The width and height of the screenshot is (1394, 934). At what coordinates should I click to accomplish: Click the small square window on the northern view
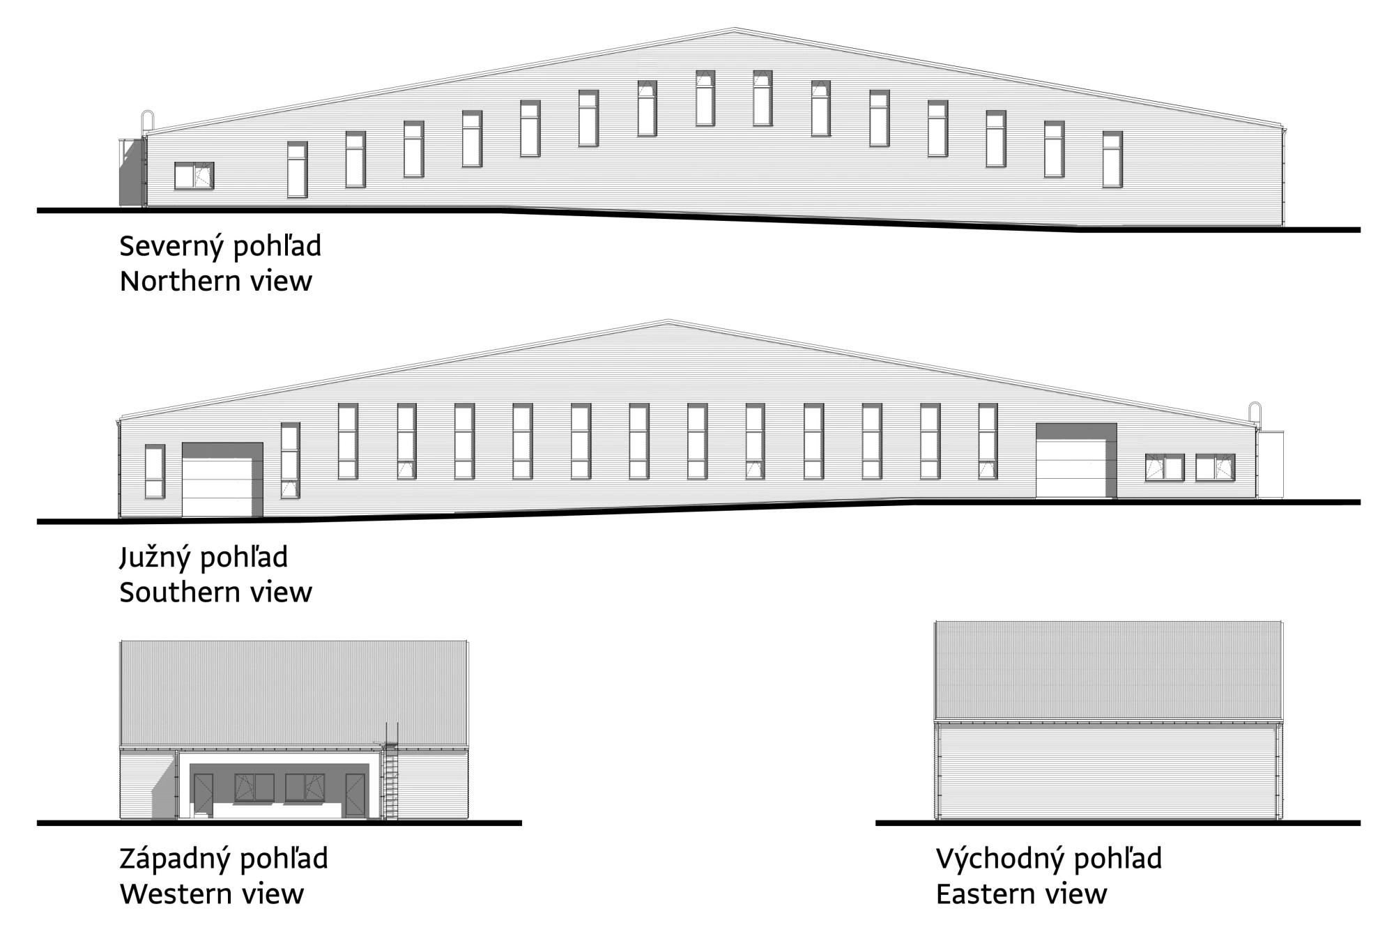pos(194,176)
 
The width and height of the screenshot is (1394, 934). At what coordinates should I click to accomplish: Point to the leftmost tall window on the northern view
pos(297,170)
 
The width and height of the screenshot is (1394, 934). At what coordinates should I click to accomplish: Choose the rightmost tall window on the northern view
pos(1112,160)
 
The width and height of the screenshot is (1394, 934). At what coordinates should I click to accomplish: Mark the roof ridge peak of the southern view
pos(668,321)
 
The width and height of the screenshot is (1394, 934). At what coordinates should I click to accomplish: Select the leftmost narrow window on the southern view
pos(155,472)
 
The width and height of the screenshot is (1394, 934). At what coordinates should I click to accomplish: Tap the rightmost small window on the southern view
pos(1215,468)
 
